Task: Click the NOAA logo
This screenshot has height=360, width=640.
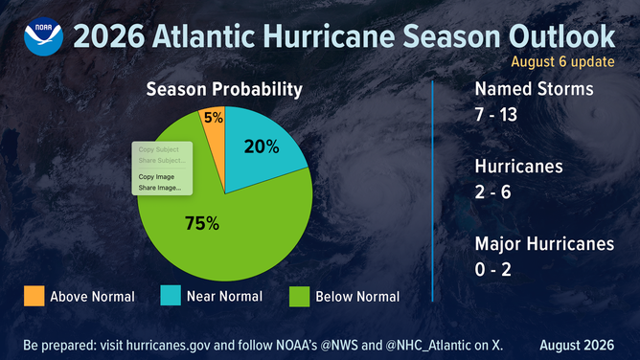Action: [x=44, y=36]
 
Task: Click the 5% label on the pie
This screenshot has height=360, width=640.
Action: [x=214, y=118]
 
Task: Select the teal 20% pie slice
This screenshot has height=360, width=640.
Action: [x=262, y=146]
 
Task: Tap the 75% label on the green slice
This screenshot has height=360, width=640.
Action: [x=202, y=223]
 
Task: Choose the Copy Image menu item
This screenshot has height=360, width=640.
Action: [x=156, y=176]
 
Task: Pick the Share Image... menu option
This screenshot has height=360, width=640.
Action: [x=160, y=188]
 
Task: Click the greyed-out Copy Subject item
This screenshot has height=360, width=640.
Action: [x=158, y=149]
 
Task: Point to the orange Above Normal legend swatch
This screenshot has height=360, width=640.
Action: [x=34, y=296]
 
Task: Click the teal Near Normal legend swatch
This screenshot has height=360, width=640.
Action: [x=171, y=295]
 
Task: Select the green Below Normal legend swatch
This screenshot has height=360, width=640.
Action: [x=299, y=296]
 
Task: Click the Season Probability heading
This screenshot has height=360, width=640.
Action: [x=224, y=89]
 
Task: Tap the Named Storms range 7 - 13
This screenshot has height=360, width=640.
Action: [x=496, y=115]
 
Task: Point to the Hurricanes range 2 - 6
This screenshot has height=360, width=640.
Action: [x=492, y=192]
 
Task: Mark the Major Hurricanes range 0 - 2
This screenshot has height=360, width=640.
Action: [x=492, y=269]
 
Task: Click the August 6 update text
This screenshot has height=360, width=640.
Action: [x=562, y=61]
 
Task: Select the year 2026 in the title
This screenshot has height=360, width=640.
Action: [x=109, y=36]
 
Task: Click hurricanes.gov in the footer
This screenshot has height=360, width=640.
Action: [x=169, y=346]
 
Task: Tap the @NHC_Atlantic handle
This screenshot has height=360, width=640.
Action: [x=427, y=346]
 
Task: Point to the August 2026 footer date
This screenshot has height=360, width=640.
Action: [x=577, y=346]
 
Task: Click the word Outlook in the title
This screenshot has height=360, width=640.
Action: [x=561, y=36]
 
